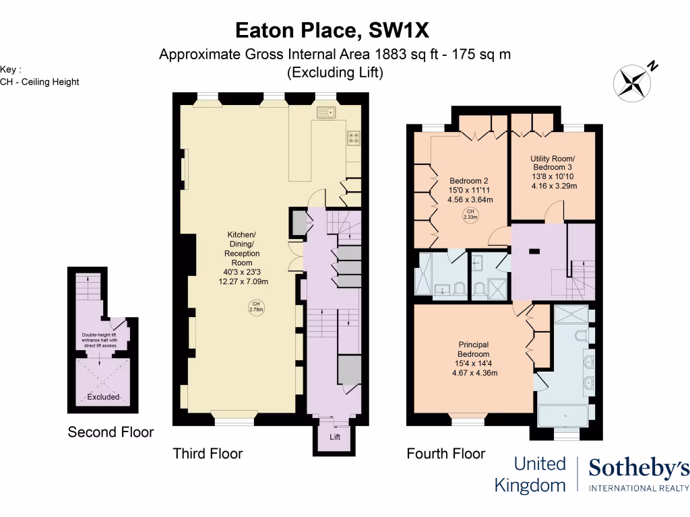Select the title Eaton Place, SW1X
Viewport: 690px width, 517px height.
[332, 30]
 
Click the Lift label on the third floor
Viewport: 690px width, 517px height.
[335, 437]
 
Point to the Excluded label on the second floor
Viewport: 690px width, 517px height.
[104, 397]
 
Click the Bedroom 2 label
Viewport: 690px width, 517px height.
[468, 180]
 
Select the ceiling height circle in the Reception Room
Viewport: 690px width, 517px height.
[256, 308]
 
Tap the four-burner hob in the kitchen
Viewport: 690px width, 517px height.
[354, 138]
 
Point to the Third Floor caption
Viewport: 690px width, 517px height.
[208, 453]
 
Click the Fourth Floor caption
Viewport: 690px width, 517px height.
[445, 453]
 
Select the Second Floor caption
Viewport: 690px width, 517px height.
[111, 432]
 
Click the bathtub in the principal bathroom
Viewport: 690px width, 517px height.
[565, 416]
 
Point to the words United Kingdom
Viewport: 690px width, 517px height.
[530, 474]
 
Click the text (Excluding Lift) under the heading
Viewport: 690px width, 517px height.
[335, 73]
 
